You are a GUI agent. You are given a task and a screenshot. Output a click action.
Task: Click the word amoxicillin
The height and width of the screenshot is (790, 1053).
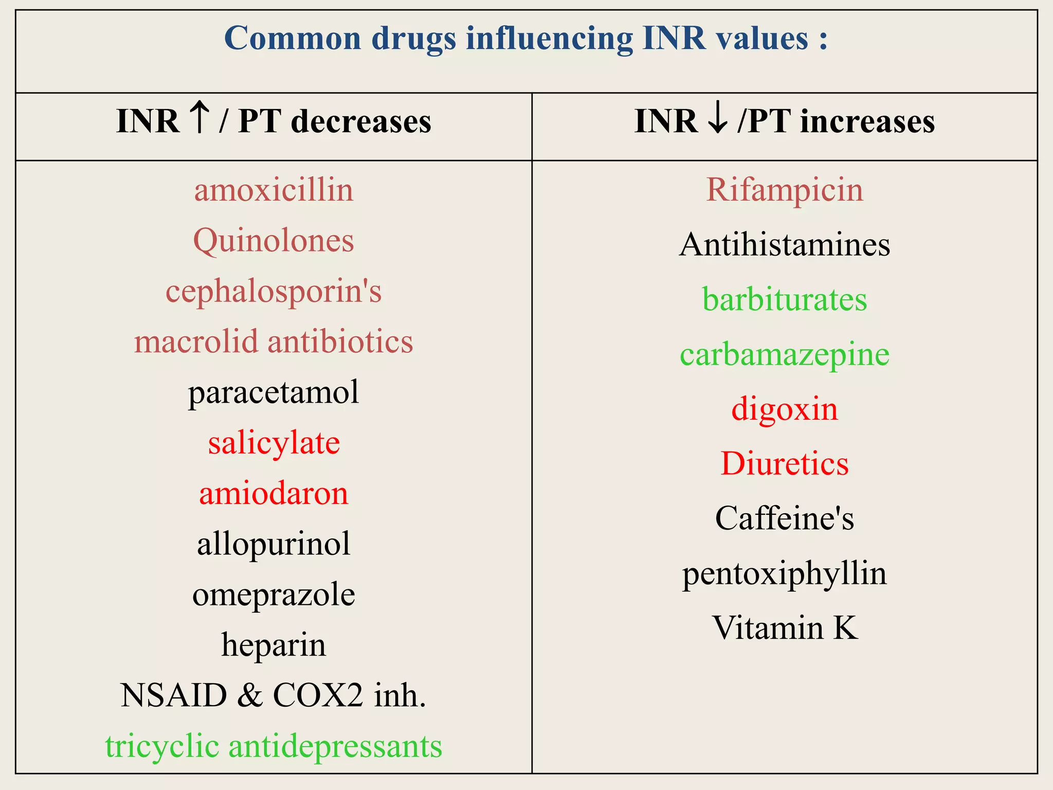tap(274, 190)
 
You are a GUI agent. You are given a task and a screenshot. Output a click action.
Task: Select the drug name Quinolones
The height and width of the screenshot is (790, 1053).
tap(274, 241)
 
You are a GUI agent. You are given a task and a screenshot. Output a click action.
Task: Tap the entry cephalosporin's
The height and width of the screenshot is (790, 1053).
tap(274, 292)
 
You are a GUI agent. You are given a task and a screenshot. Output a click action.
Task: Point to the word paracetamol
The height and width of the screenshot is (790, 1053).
tap(274, 393)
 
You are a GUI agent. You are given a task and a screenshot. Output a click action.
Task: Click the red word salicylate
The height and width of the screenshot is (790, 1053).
tap(274, 443)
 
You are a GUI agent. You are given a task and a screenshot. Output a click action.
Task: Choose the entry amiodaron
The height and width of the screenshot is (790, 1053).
tap(274, 494)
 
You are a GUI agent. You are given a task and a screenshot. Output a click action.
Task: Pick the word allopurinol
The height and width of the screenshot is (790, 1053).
tap(274, 544)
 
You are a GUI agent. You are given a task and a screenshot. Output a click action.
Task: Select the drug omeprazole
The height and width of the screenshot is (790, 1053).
tap(274, 595)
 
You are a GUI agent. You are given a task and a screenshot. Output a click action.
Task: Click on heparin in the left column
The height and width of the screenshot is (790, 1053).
tap(274, 645)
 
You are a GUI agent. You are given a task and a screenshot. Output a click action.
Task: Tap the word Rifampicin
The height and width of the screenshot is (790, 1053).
tap(785, 190)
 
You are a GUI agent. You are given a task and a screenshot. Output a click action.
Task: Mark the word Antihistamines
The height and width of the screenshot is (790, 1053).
tap(785, 244)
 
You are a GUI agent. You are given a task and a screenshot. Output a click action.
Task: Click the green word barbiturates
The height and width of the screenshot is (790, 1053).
tap(785, 300)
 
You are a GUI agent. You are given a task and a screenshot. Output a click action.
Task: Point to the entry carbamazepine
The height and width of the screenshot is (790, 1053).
tap(785, 355)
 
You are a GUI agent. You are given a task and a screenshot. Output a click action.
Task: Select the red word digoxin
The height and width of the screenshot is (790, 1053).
tap(785, 409)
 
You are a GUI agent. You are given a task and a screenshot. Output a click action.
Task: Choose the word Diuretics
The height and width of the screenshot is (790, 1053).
tap(785, 464)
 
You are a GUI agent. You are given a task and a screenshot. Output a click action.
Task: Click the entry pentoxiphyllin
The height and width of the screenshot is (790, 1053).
tap(785, 574)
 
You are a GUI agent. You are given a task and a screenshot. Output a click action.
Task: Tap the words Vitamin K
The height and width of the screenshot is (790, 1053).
tap(785, 629)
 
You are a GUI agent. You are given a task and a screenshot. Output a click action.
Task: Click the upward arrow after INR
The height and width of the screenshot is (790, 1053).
tap(199, 118)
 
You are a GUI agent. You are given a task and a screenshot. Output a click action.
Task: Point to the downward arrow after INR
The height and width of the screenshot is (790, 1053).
tap(718, 119)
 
